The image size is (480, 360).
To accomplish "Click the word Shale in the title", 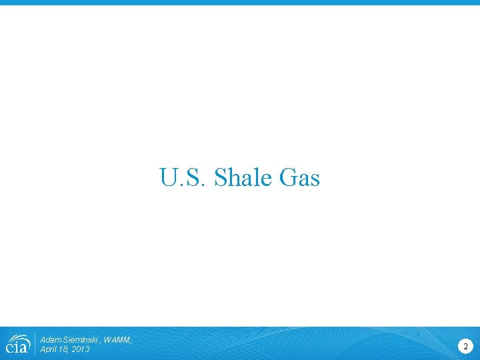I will (243, 178).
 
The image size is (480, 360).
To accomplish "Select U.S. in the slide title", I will (183, 178).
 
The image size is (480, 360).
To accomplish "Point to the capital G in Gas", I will (287, 178).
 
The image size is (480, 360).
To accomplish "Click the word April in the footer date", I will (49, 349).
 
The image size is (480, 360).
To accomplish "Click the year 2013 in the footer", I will (81, 349).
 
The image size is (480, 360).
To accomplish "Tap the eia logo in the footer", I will (17, 343).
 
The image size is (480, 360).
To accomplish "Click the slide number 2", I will (465, 345).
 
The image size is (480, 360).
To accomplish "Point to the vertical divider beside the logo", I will (35, 343).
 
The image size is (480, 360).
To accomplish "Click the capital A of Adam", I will (43, 340).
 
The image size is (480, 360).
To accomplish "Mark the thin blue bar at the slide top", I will (240, 3).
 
